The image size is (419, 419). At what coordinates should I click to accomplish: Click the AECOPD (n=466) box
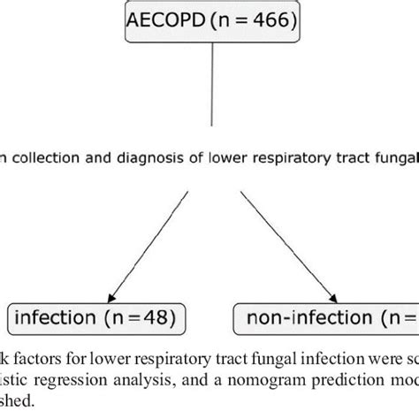tap(209, 23)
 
